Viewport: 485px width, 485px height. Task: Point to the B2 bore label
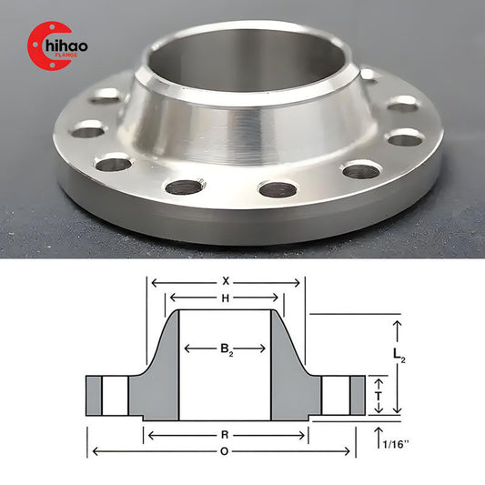click(225, 348)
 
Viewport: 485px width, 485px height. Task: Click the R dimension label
click(225, 434)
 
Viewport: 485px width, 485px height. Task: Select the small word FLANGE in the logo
click(76, 56)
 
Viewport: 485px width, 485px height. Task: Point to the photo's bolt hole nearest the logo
click(107, 95)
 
